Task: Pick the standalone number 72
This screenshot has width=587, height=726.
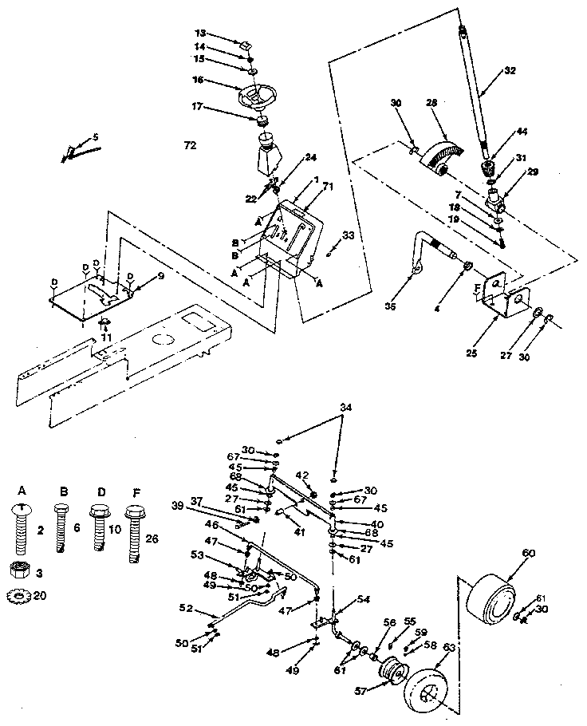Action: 189,145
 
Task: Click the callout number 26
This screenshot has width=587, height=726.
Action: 153,539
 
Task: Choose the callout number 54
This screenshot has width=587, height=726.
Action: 362,598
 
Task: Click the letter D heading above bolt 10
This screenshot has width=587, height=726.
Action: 98,491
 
